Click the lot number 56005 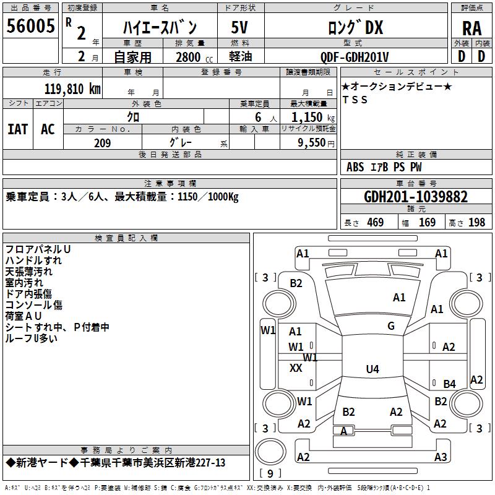click(30, 25)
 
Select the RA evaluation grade click(471, 28)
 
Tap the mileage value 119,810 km click(72, 89)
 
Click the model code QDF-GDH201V click(354, 57)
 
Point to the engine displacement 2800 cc click(194, 57)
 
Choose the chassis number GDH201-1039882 click(416, 197)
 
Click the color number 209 click(102, 143)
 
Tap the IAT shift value click(18, 129)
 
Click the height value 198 click(476, 222)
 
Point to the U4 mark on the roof click(372, 369)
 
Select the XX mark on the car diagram click(296, 368)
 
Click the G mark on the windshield click(391, 325)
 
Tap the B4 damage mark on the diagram click(449, 384)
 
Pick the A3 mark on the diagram click(441, 457)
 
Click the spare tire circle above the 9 click(270, 452)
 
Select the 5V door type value click(239, 27)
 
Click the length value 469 click(376, 222)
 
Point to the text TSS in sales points click(355, 100)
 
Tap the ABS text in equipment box click(355, 166)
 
